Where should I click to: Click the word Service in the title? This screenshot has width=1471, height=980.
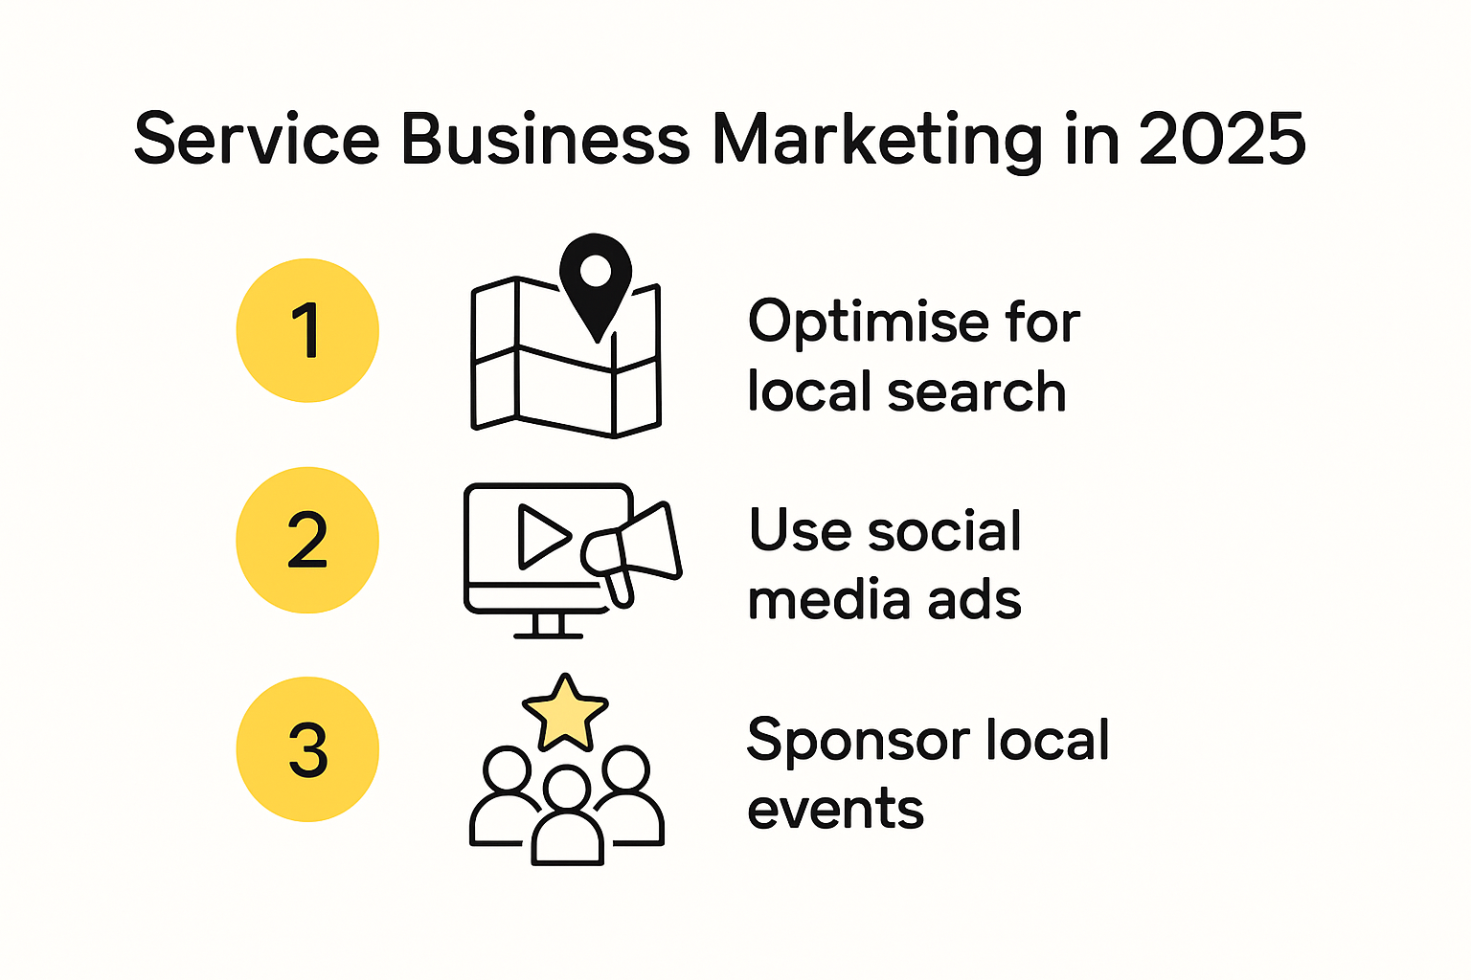click(256, 140)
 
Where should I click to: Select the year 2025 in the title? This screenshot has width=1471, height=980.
click(1222, 140)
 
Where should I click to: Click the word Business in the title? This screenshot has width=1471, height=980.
click(544, 140)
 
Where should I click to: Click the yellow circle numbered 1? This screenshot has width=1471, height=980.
click(307, 330)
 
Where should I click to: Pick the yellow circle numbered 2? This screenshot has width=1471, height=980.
click(307, 540)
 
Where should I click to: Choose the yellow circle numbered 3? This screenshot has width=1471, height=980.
click(307, 749)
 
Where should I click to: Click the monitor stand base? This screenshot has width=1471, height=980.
click(548, 633)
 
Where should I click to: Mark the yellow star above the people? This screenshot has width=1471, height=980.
click(565, 713)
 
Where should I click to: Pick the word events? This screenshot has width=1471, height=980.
click(835, 810)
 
